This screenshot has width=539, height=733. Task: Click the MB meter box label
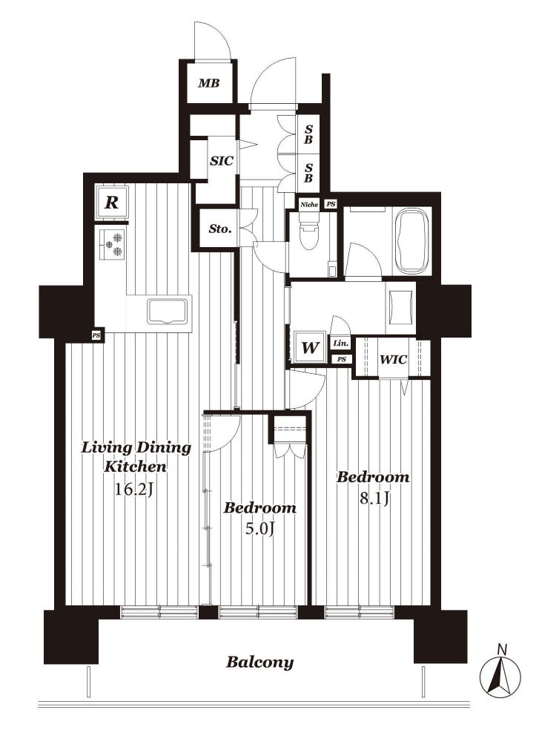[x=208, y=83]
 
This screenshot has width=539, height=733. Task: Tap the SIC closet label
[x=221, y=161]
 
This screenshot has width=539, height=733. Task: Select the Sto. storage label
[x=219, y=229]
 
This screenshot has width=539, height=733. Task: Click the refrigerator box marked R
[x=110, y=203]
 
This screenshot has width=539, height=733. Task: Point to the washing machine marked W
[x=310, y=347]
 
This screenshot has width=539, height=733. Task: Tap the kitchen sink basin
[x=167, y=312]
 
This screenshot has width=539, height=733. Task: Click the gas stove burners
[x=113, y=244]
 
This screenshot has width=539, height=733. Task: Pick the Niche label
[x=308, y=204]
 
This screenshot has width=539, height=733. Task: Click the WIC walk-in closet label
[x=393, y=360]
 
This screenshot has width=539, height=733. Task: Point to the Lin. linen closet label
[x=340, y=344]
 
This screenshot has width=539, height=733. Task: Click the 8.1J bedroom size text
[x=374, y=499]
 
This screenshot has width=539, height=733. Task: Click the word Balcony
[x=260, y=663]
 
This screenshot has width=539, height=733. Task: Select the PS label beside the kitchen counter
[x=96, y=335]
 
